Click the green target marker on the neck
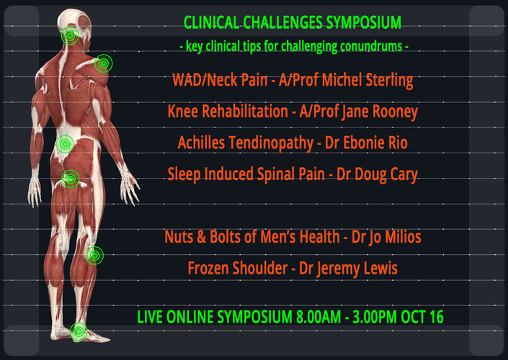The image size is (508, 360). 70,35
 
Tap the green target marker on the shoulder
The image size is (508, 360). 104,63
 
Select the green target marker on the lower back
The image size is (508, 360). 65,144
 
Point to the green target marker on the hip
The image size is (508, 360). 71,179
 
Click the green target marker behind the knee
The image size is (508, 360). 94,256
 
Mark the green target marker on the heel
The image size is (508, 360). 79,331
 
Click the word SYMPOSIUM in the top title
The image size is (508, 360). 363,22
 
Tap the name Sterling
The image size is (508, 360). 389,81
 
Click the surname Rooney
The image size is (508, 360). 395,112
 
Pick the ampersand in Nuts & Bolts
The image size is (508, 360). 201,237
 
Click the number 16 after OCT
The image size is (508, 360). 436,317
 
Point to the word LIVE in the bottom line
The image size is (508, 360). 149,317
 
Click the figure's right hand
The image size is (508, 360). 130,184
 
